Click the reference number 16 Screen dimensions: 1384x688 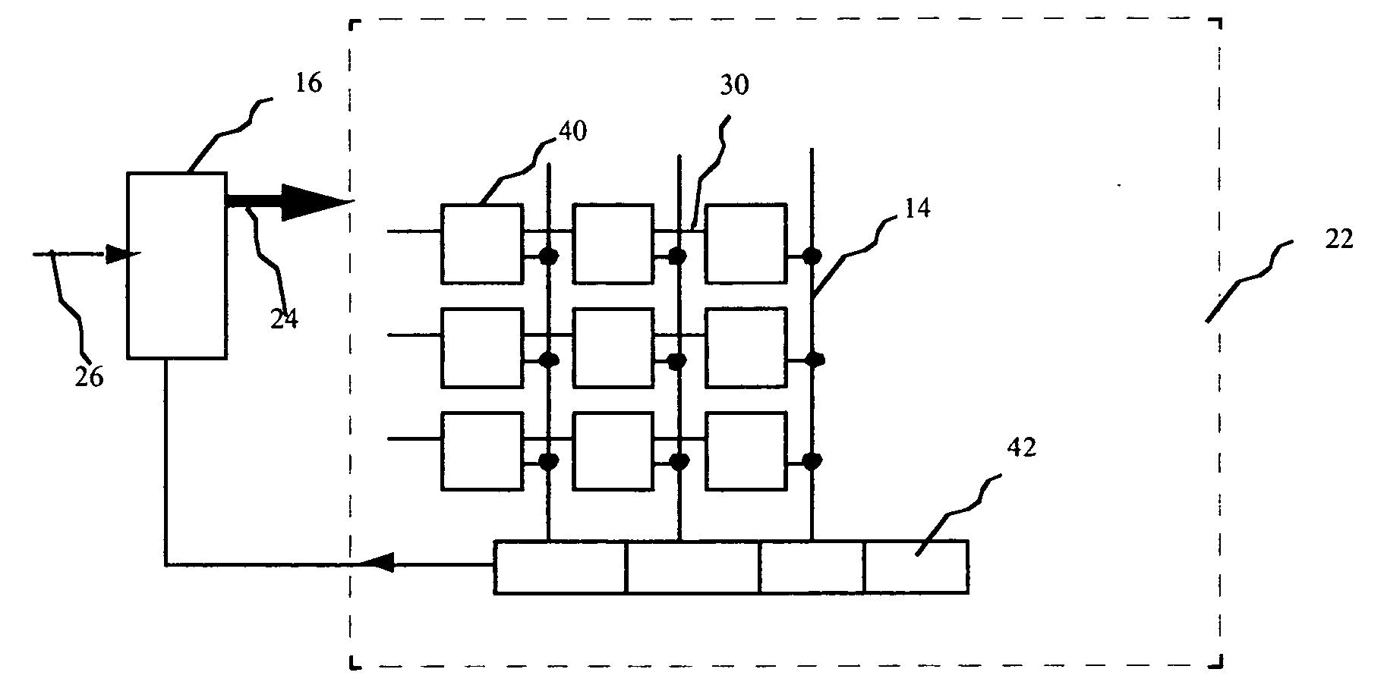click(308, 83)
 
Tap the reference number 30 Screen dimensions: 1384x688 click(734, 86)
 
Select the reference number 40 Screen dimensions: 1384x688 click(573, 131)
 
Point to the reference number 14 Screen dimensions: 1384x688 click(918, 208)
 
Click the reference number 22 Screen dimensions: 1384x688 click(1339, 239)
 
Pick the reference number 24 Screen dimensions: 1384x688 click(285, 319)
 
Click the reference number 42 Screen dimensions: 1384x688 click(1021, 448)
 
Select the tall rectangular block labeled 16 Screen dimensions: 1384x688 click(176, 265)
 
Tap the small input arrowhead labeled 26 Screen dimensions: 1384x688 click(122, 254)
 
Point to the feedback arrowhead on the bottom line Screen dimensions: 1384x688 click(377, 563)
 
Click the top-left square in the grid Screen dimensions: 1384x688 click(482, 243)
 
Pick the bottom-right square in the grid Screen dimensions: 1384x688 click(746, 451)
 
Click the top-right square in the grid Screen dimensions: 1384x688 click(746, 243)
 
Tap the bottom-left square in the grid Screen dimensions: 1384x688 click(482, 451)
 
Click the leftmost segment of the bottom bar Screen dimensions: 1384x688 click(560, 566)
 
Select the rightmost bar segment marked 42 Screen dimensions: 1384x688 click(916, 566)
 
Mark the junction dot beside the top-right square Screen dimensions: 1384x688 click(812, 256)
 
